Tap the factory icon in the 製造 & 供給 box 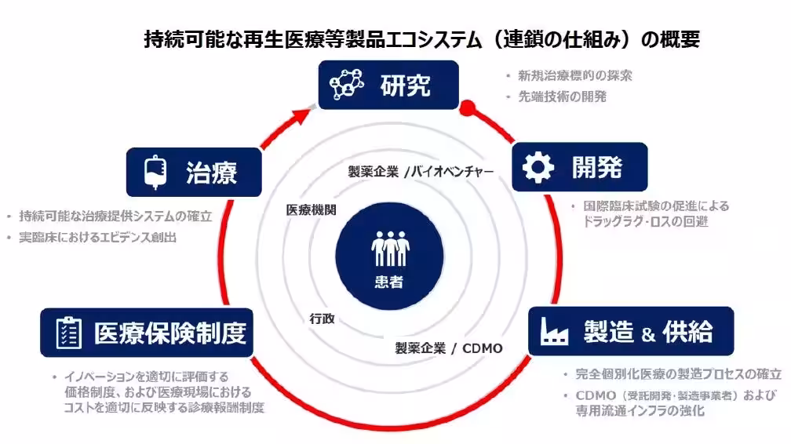coord(554,333)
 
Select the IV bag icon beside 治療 coord(153,172)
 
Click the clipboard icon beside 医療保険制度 coord(68,333)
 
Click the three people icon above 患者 coord(390,249)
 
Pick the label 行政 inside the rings coord(322,318)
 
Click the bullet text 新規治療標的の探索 coord(574,76)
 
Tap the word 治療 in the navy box coord(212,172)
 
